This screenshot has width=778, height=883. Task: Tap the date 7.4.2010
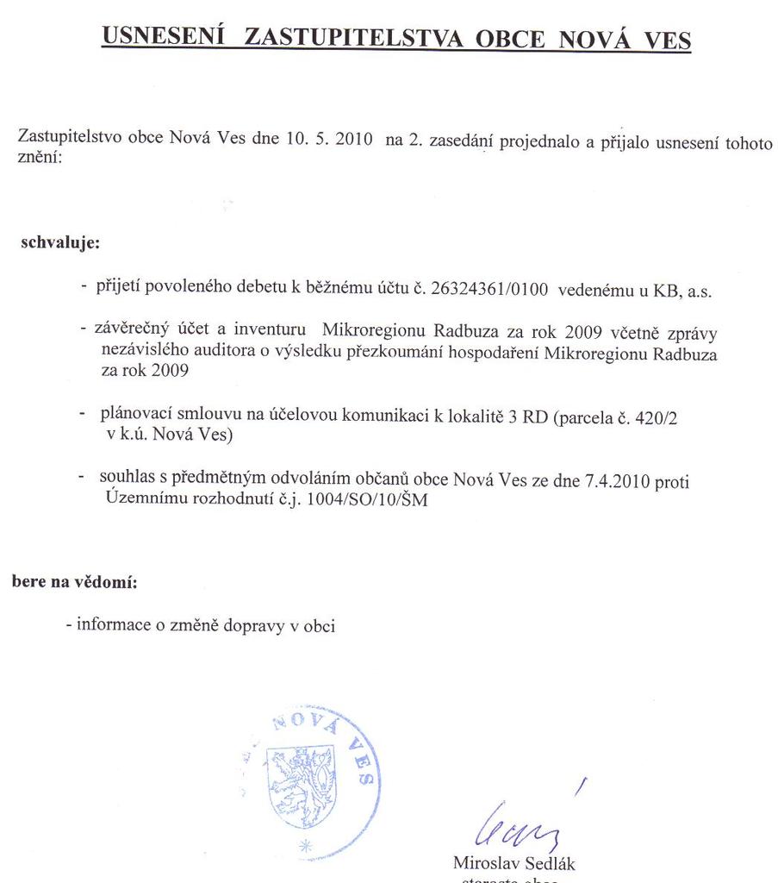[609, 480]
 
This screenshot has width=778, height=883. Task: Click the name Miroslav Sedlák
[507, 863]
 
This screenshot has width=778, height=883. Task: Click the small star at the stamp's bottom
[302, 847]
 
